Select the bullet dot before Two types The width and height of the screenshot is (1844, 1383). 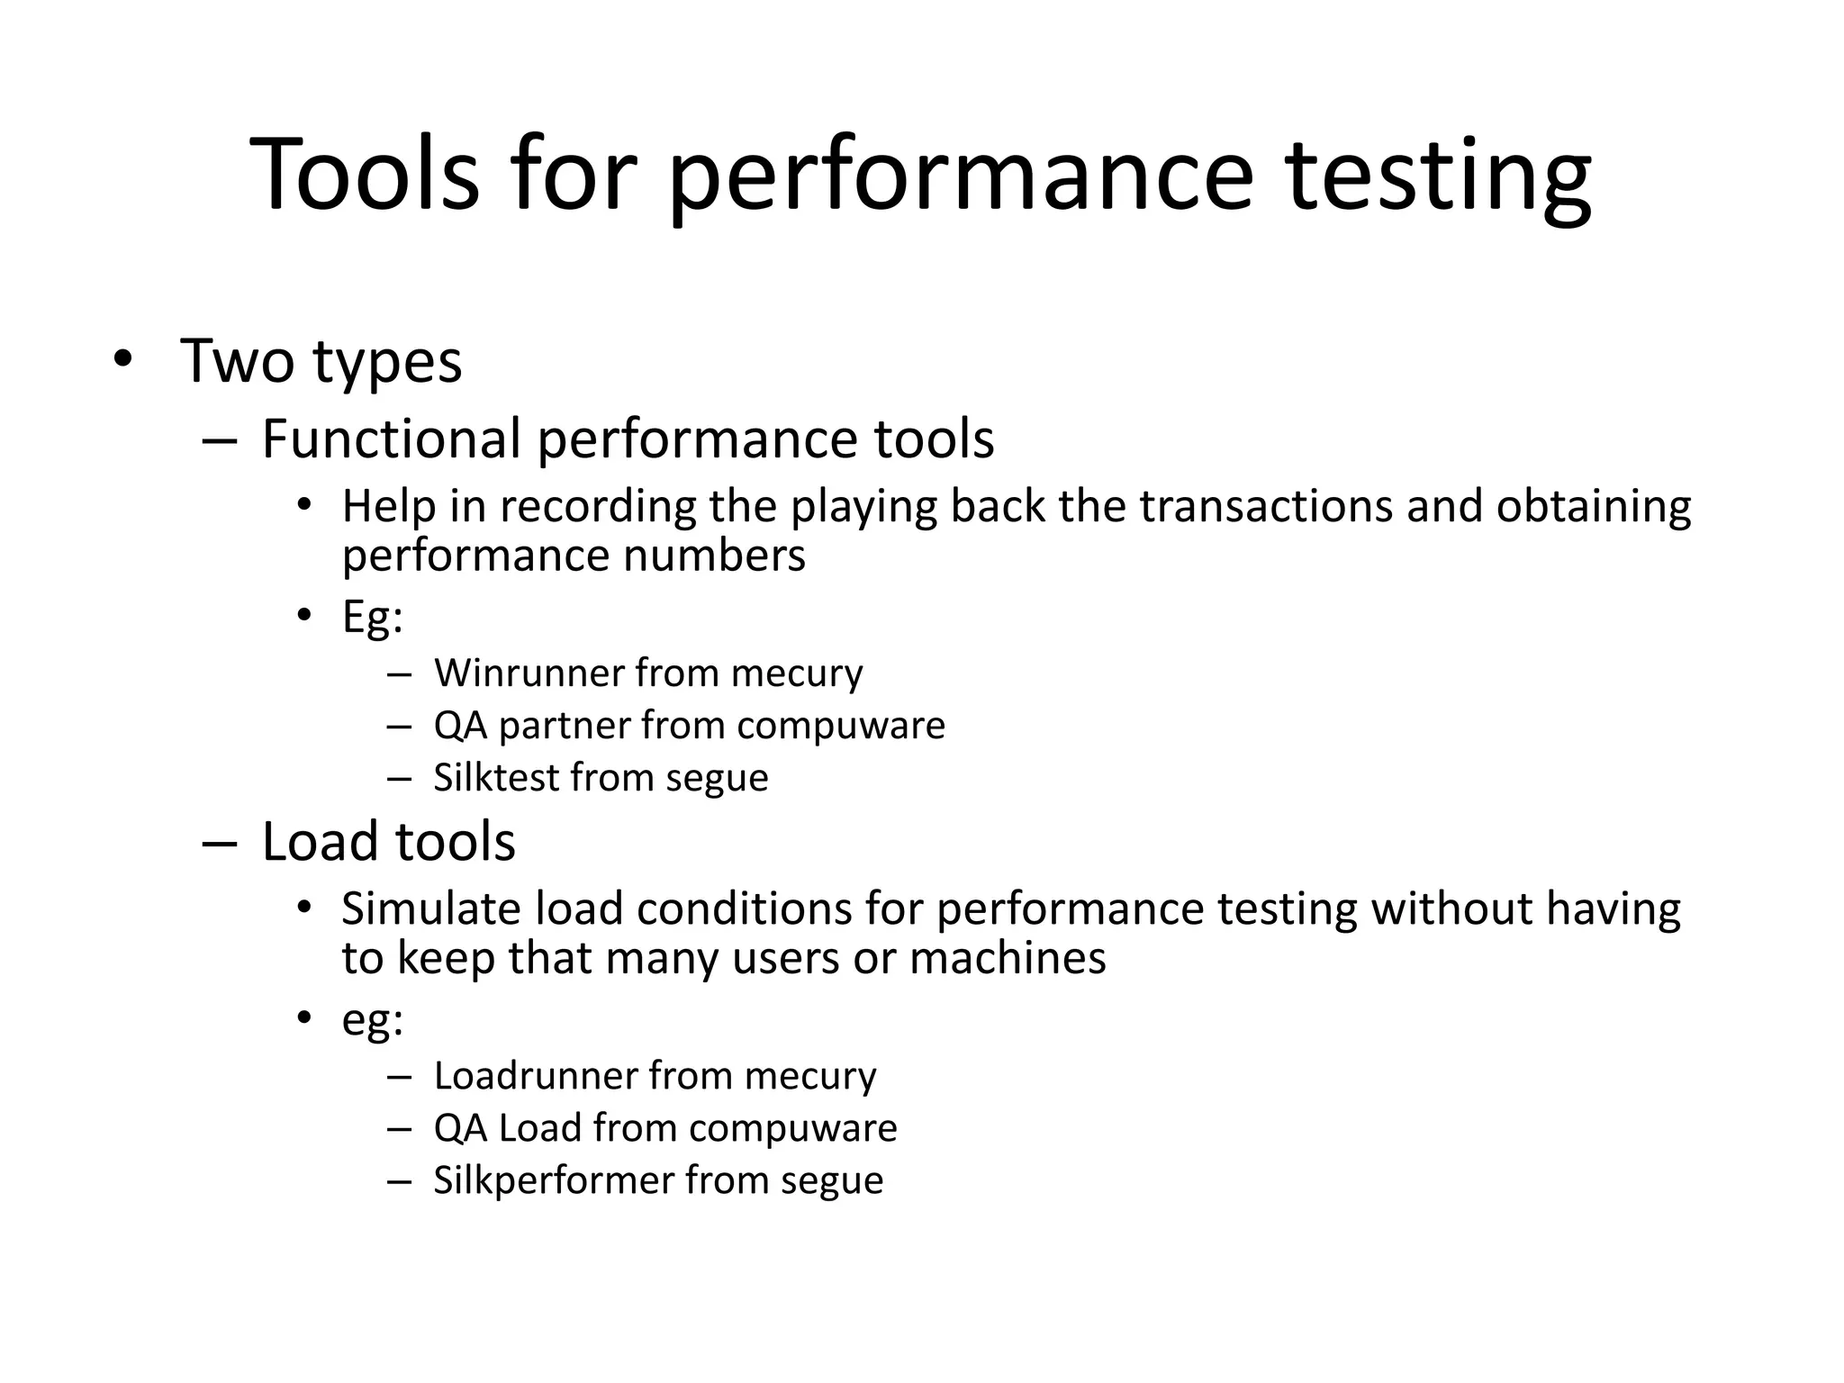tap(122, 359)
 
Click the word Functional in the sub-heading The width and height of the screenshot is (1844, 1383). tap(392, 439)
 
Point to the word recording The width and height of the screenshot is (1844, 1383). tap(598, 507)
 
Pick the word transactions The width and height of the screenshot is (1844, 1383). tap(1266, 507)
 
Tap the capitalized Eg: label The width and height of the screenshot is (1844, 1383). tap(372, 619)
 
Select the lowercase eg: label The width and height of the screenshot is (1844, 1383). tap(372, 1021)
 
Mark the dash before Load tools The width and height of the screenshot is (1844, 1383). tap(219, 844)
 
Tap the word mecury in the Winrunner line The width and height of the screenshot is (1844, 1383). tap(796, 674)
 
